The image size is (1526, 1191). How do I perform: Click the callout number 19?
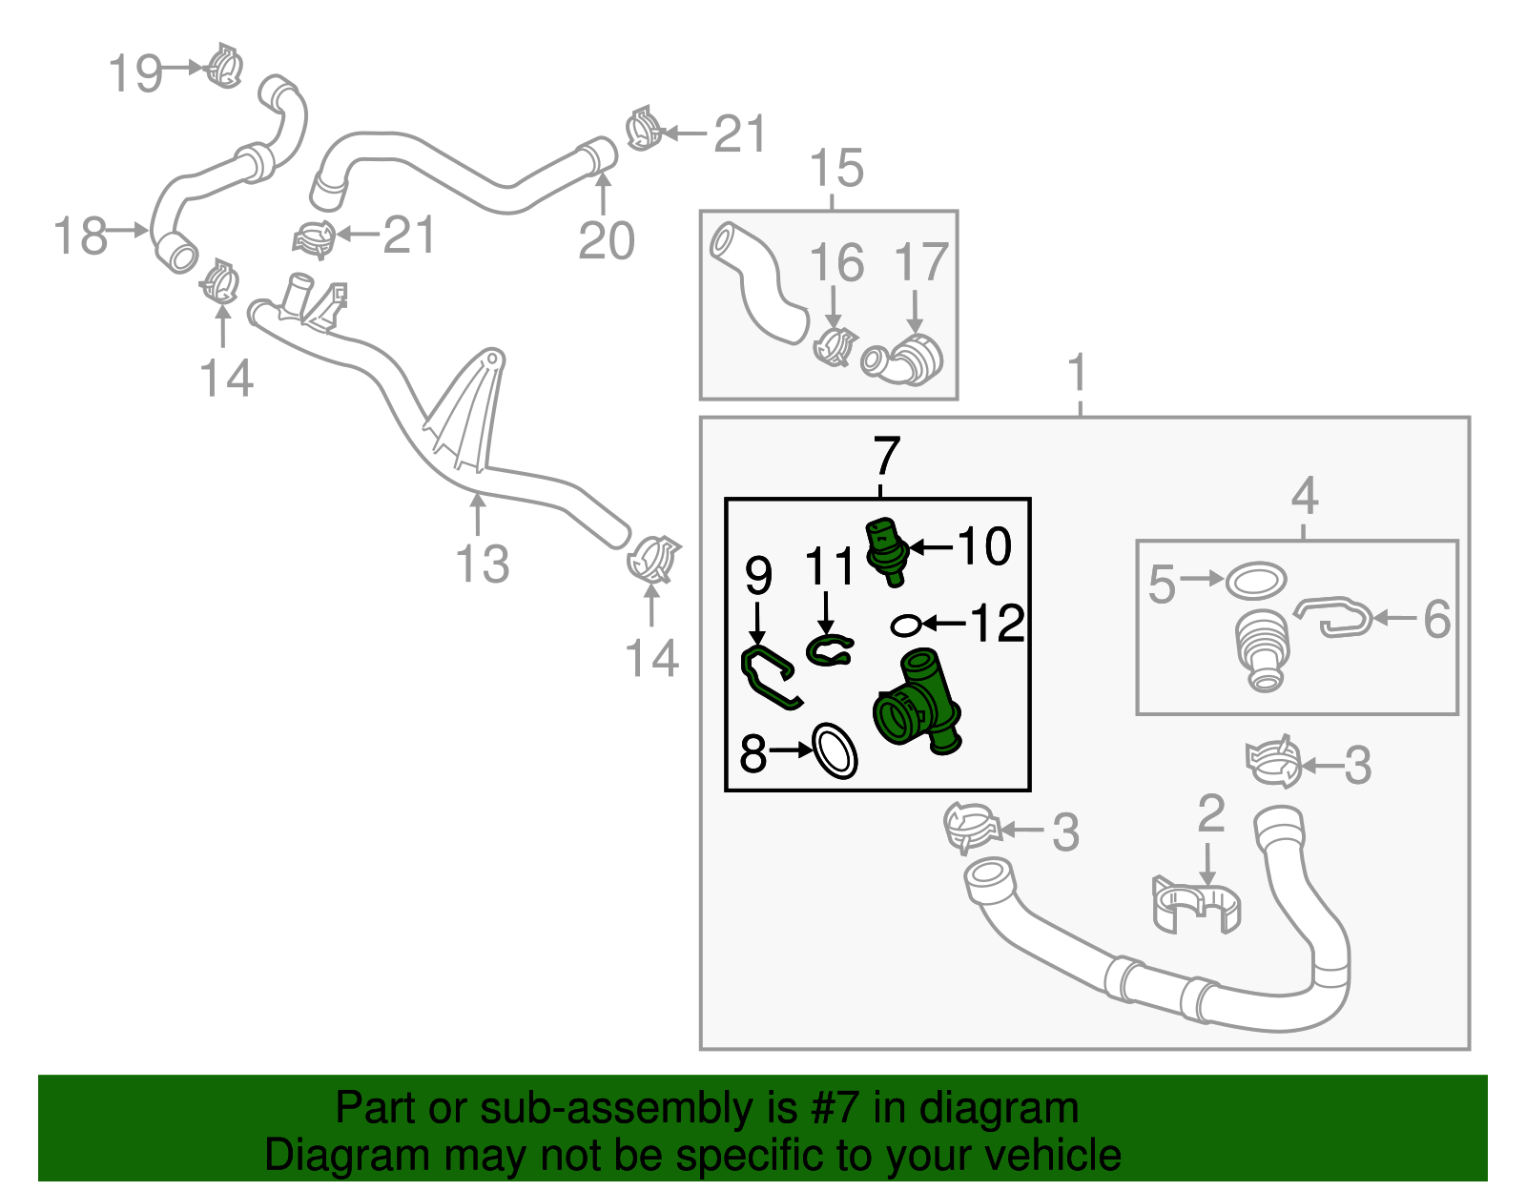135,72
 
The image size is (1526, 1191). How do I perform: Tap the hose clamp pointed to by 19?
224,66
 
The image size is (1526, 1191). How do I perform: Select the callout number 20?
606,240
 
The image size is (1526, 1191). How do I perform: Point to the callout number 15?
836,168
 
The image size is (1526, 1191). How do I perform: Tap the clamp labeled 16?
835,345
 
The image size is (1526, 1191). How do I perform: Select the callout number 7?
886,456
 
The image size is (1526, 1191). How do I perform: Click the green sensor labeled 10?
887,552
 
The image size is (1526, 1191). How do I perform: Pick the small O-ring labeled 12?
905,624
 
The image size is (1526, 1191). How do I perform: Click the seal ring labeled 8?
835,751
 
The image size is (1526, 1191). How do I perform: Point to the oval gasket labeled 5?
1256,581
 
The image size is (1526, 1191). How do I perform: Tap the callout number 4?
1304,496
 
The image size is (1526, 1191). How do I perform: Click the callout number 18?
81,236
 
